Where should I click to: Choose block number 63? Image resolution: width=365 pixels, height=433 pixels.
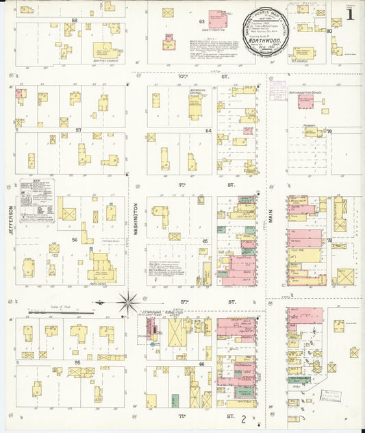point(202,22)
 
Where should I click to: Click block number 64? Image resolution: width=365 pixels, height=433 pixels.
point(208,129)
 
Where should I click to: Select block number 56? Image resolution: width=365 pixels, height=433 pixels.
point(75,240)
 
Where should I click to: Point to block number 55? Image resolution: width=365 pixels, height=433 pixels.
point(77,361)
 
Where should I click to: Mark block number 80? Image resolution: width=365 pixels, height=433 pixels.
point(329,30)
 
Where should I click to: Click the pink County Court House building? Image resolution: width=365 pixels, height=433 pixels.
point(217,19)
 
